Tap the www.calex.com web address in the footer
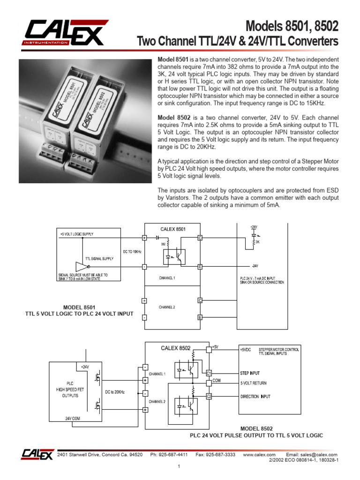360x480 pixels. click(x=259, y=455)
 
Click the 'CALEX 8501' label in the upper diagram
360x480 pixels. click(x=173, y=229)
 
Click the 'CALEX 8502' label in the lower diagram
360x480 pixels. click(x=176, y=348)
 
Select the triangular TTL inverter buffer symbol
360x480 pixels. click(x=80, y=266)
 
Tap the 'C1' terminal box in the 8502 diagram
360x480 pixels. click(x=209, y=373)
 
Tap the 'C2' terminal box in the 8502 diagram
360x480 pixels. click(x=209, y=397)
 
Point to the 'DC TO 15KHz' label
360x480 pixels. click(x=132, y=252)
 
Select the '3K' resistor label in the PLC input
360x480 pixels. click(x=257, y=242)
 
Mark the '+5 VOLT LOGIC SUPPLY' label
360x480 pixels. click(x=77, y=233)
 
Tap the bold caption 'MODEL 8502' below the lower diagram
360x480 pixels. click(x=256, y=428)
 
